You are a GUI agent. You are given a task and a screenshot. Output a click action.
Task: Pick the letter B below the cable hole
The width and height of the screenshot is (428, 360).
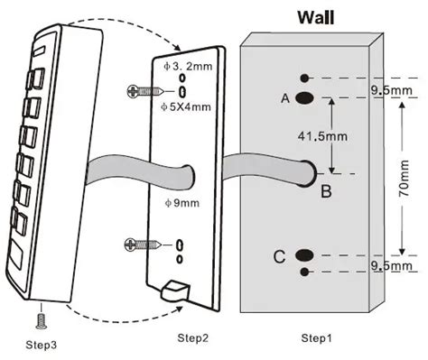(326, 190)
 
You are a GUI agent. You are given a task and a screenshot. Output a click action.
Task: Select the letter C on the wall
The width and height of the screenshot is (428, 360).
(280, 258)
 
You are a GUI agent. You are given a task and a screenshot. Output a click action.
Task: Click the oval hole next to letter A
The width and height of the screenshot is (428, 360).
(305, 97)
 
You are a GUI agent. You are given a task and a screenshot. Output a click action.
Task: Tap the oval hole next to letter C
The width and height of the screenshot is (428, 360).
(305, 257)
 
